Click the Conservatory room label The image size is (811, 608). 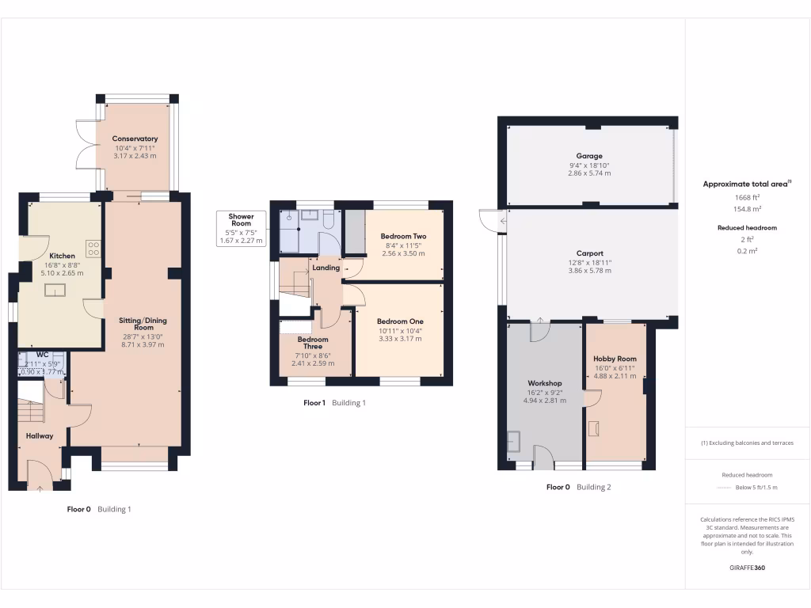pos(135,139)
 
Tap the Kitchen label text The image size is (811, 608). pos(63,256)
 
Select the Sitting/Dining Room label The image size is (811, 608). pos(143,325)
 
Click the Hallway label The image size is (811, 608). pos(40,435)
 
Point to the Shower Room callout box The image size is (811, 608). pos(242,228)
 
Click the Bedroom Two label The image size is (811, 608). pos(403,236)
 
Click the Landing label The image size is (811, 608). pos(326,268)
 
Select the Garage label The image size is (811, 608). pos(589,156)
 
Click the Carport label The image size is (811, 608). pos(589,253)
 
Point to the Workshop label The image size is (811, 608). pos(544,383)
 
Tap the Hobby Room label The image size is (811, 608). pos(615,359)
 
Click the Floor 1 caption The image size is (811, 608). pos(314,403)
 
